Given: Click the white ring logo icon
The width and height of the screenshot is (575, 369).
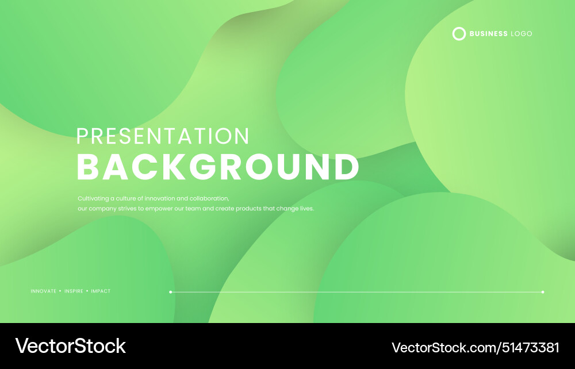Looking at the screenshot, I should click(459, 34).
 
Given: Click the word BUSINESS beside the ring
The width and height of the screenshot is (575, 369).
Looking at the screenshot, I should click(489, 34).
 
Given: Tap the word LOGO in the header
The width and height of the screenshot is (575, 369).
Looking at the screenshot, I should click(522, 34).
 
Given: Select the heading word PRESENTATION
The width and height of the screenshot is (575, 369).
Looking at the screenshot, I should click(163, 136).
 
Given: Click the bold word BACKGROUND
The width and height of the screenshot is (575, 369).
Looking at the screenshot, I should click(218, 167).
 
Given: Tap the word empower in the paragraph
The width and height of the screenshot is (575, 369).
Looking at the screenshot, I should click(159, 209).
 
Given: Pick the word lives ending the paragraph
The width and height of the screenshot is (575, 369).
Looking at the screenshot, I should click(307, 209).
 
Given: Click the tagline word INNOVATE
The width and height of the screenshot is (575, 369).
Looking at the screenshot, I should click(44, 291).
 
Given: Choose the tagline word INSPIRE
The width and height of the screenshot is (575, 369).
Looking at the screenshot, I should click(74, 291).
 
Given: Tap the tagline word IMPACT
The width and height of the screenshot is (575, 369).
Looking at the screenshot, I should click(101, 291).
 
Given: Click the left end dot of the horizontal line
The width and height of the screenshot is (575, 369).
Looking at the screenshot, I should click(171, 292).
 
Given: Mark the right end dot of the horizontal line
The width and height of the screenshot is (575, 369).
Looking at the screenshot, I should click(543, 292).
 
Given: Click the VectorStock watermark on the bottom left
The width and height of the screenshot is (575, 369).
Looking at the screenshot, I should click(70, 346).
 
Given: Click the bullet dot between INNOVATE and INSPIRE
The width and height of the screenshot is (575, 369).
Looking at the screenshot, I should click(60, 291).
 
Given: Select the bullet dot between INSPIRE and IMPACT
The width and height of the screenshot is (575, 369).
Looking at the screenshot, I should click(87, 291).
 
